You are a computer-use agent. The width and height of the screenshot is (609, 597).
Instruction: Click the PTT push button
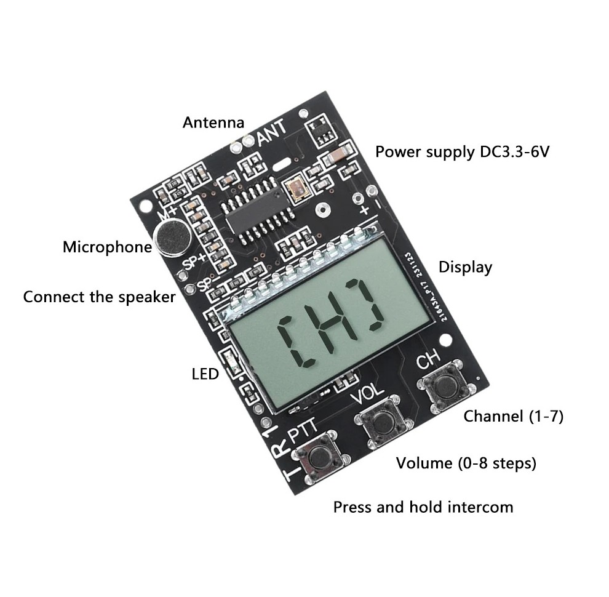[x=319, y=456]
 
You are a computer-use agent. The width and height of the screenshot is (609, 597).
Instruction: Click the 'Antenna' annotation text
[x=213, y=122]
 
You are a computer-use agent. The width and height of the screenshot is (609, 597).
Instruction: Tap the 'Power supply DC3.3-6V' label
[x=461, y=151]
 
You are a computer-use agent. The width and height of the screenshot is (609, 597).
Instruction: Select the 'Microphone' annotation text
[x=107, y=247]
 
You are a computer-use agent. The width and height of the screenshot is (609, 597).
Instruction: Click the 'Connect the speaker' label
[x=99, y=297]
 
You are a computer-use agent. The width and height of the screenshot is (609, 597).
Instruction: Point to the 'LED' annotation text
[x=205, y=374]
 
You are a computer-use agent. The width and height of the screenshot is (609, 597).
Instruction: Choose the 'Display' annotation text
[x=465, y=267]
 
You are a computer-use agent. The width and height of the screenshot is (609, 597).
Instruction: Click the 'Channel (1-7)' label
[x=513, y=416]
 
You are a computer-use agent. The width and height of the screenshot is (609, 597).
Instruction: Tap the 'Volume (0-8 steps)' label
[x=466, y=463]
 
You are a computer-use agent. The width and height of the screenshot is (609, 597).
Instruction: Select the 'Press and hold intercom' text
[x=423, y=507]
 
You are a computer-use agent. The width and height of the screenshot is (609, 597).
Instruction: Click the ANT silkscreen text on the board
[x=271, y=131]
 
